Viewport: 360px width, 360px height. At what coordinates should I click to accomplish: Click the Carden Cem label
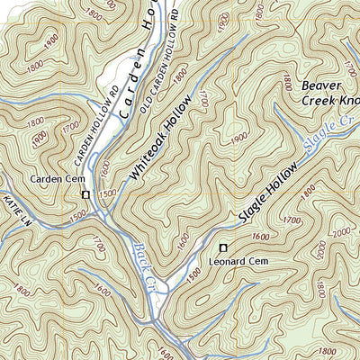pos(56,179)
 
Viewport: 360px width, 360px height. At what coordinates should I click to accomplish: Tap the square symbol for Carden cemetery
pos(86,194)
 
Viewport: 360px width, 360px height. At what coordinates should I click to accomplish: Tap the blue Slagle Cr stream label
pos(328,131)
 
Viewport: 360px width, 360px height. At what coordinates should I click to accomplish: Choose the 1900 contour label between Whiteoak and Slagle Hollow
pos(238,137)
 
